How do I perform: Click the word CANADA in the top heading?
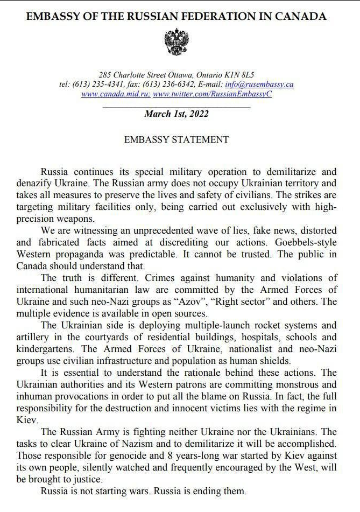(302, 16)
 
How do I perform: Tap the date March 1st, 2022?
(177, 114)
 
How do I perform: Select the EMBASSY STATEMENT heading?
(177, 139)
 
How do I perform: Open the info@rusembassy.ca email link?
(259, 85)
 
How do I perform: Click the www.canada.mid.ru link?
(116, 94)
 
